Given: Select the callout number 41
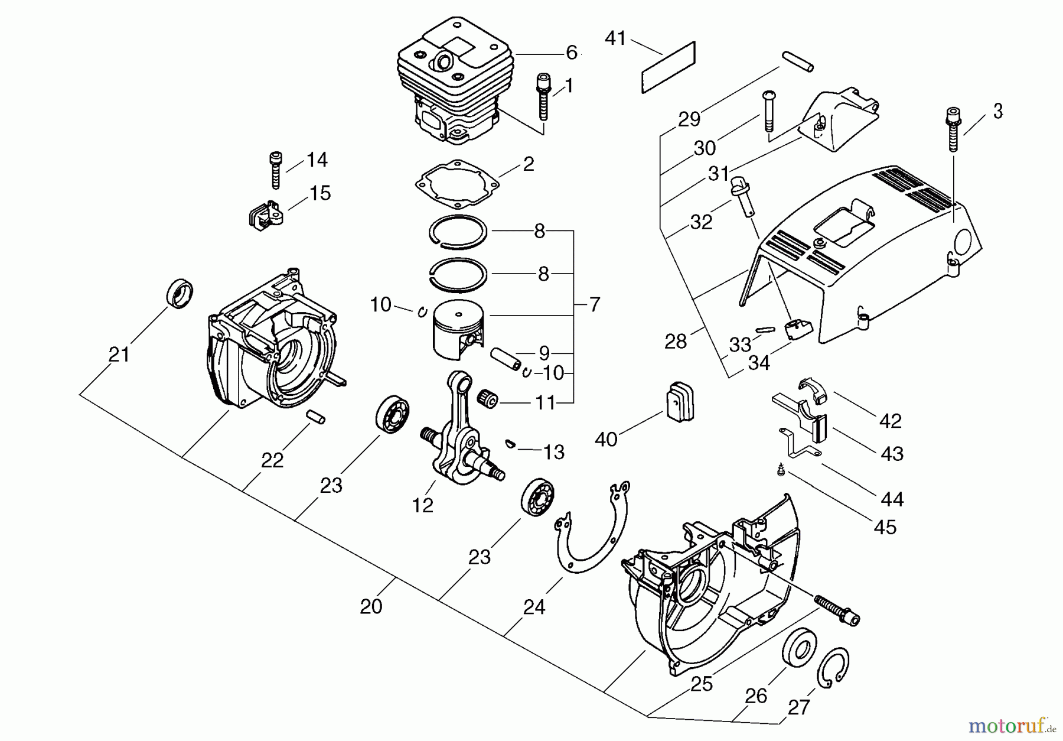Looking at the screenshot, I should pos(615,39).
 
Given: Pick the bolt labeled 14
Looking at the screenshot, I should pos(276,170).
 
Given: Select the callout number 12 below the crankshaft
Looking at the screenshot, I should pos(423,505).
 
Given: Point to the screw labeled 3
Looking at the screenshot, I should pos(952,129).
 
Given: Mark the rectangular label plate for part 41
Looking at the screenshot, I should pos(668,67).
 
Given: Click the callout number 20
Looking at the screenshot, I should pos(371,607).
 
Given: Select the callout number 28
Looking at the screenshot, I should pos(676,341).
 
